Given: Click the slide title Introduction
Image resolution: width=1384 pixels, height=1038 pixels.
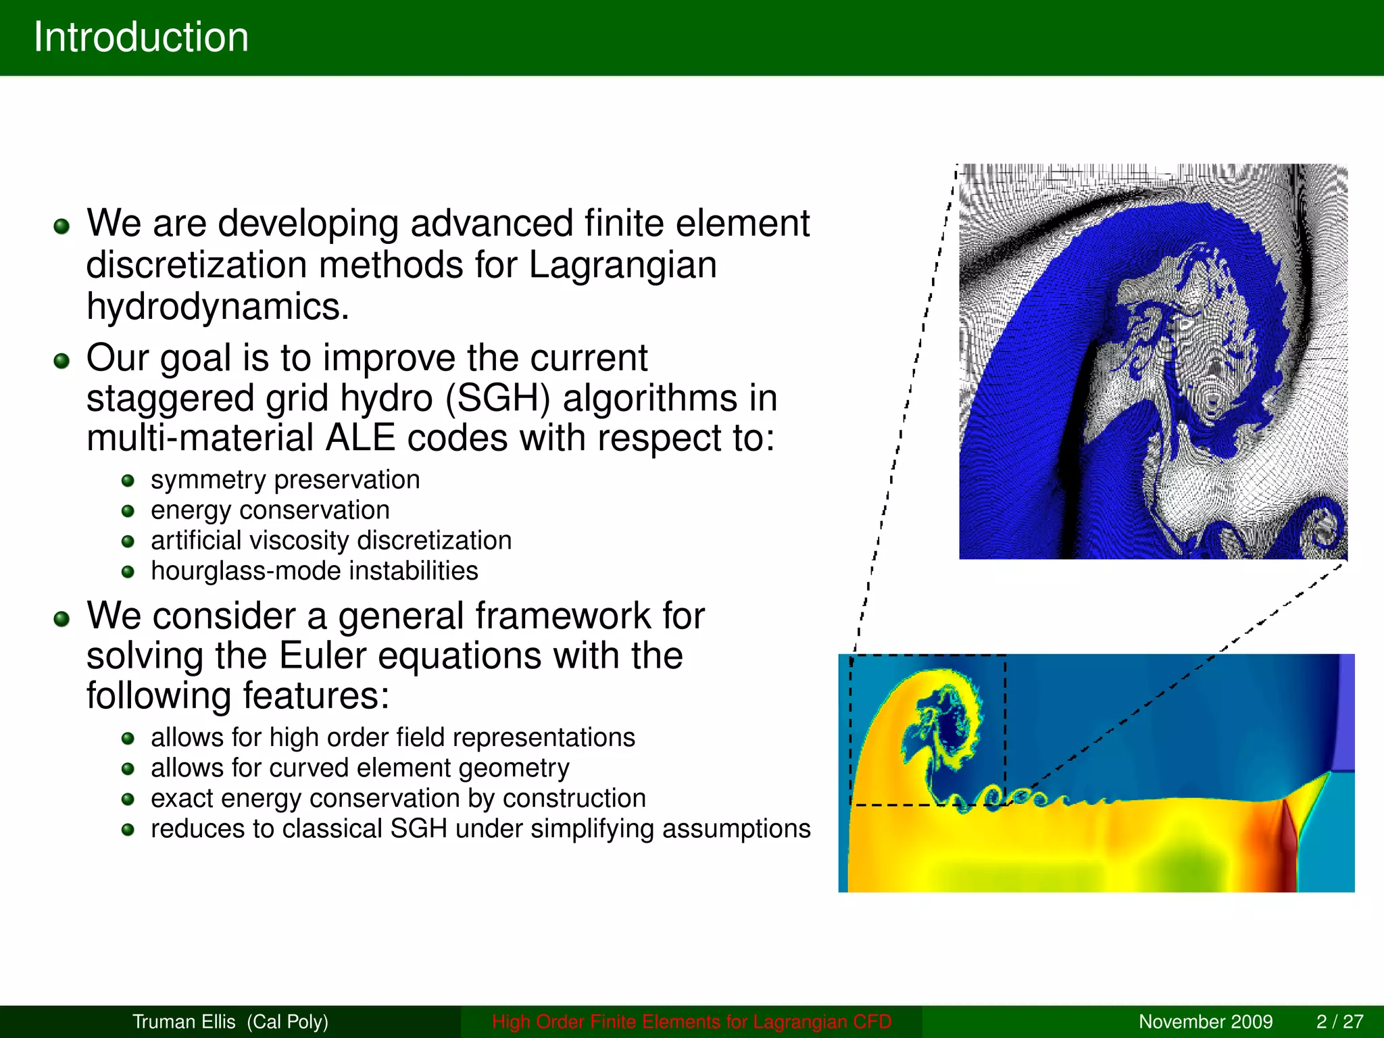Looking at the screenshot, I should (141, 37).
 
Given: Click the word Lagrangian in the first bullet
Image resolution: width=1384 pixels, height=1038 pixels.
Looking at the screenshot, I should (622, 264).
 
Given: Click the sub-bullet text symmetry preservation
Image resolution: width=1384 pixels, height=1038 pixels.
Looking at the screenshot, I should (285, 480).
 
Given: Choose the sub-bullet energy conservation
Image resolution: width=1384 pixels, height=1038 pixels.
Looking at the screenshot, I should (270, 510).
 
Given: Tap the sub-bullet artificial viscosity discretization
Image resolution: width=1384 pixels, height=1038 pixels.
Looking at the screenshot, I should (330, 541).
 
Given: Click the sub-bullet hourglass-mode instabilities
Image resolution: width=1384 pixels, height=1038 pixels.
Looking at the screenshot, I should (314, 571).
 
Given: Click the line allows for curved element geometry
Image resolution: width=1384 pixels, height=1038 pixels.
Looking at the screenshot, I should (360, 768).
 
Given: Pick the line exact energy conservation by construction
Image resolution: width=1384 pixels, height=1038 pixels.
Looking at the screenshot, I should (398, 799).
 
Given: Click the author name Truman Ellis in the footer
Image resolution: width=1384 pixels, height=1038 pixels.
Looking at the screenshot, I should (184, 1022).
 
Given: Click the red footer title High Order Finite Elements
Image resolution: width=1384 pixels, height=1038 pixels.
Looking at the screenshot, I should (691, 1022).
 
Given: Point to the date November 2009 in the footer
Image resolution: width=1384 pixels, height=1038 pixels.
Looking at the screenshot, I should (1205, 1022).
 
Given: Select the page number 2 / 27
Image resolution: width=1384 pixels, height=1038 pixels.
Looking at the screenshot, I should (1339, 1022).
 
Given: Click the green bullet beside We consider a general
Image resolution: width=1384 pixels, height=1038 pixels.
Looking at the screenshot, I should (61, 619).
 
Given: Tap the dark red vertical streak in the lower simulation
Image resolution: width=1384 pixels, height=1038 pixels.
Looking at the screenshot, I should (1287, 845).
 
